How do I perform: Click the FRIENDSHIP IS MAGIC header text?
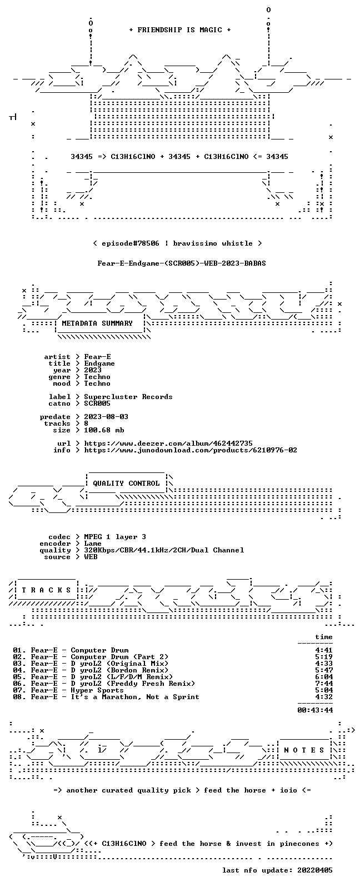coord(180,29)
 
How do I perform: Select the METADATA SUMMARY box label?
coord(97,323)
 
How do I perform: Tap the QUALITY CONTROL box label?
coord(126,483)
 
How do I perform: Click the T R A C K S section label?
coord(46,590)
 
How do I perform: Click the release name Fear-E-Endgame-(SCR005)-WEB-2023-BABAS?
coord(181,263)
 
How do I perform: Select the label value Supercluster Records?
coord(128,397)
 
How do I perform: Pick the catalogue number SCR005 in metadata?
coord(97,403)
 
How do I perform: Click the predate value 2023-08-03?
coord(106,417)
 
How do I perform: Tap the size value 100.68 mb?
coord(104,430)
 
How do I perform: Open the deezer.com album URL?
coord(168,443)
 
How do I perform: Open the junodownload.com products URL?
coord(191,450)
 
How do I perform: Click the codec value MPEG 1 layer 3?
coord(115,537)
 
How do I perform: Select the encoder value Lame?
coord(93,544)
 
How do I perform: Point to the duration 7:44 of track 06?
coord(324,684)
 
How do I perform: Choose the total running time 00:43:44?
coord(315,710)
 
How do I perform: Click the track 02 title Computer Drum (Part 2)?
coord(119,657)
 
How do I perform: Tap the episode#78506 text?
coord(131,243)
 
